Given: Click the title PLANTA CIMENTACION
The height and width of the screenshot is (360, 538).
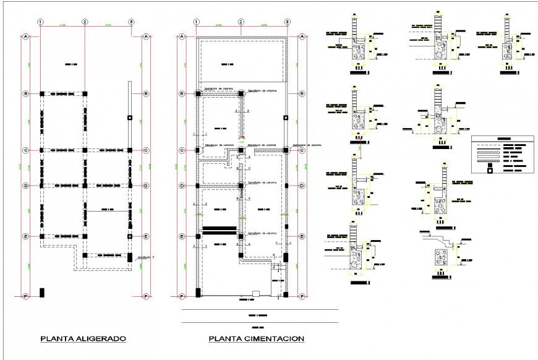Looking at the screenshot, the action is click(257, 338).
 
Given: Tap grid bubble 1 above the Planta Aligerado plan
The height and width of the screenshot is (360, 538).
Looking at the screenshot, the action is click(41, 22).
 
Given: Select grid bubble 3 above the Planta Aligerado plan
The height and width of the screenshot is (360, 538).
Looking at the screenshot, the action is click(131, 22).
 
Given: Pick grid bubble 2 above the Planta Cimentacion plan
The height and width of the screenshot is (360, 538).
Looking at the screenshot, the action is click(241, 22).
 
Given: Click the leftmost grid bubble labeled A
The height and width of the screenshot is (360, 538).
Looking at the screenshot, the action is click(26, 37).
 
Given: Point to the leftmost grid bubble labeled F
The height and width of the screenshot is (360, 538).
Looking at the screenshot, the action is click(26, 296).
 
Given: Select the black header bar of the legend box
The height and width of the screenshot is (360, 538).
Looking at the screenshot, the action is click(502, 139).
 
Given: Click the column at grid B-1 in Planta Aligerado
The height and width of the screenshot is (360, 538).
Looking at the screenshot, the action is click(41, 94).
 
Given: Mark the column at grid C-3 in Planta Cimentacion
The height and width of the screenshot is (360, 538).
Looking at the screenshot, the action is click(287, 150).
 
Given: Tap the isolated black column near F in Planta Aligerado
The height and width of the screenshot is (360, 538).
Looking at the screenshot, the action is click(41, 292).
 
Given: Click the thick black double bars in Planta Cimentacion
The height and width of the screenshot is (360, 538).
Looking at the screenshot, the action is click(220, 230).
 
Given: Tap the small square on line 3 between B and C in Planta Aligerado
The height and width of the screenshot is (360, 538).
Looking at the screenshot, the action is click(130, 117).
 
